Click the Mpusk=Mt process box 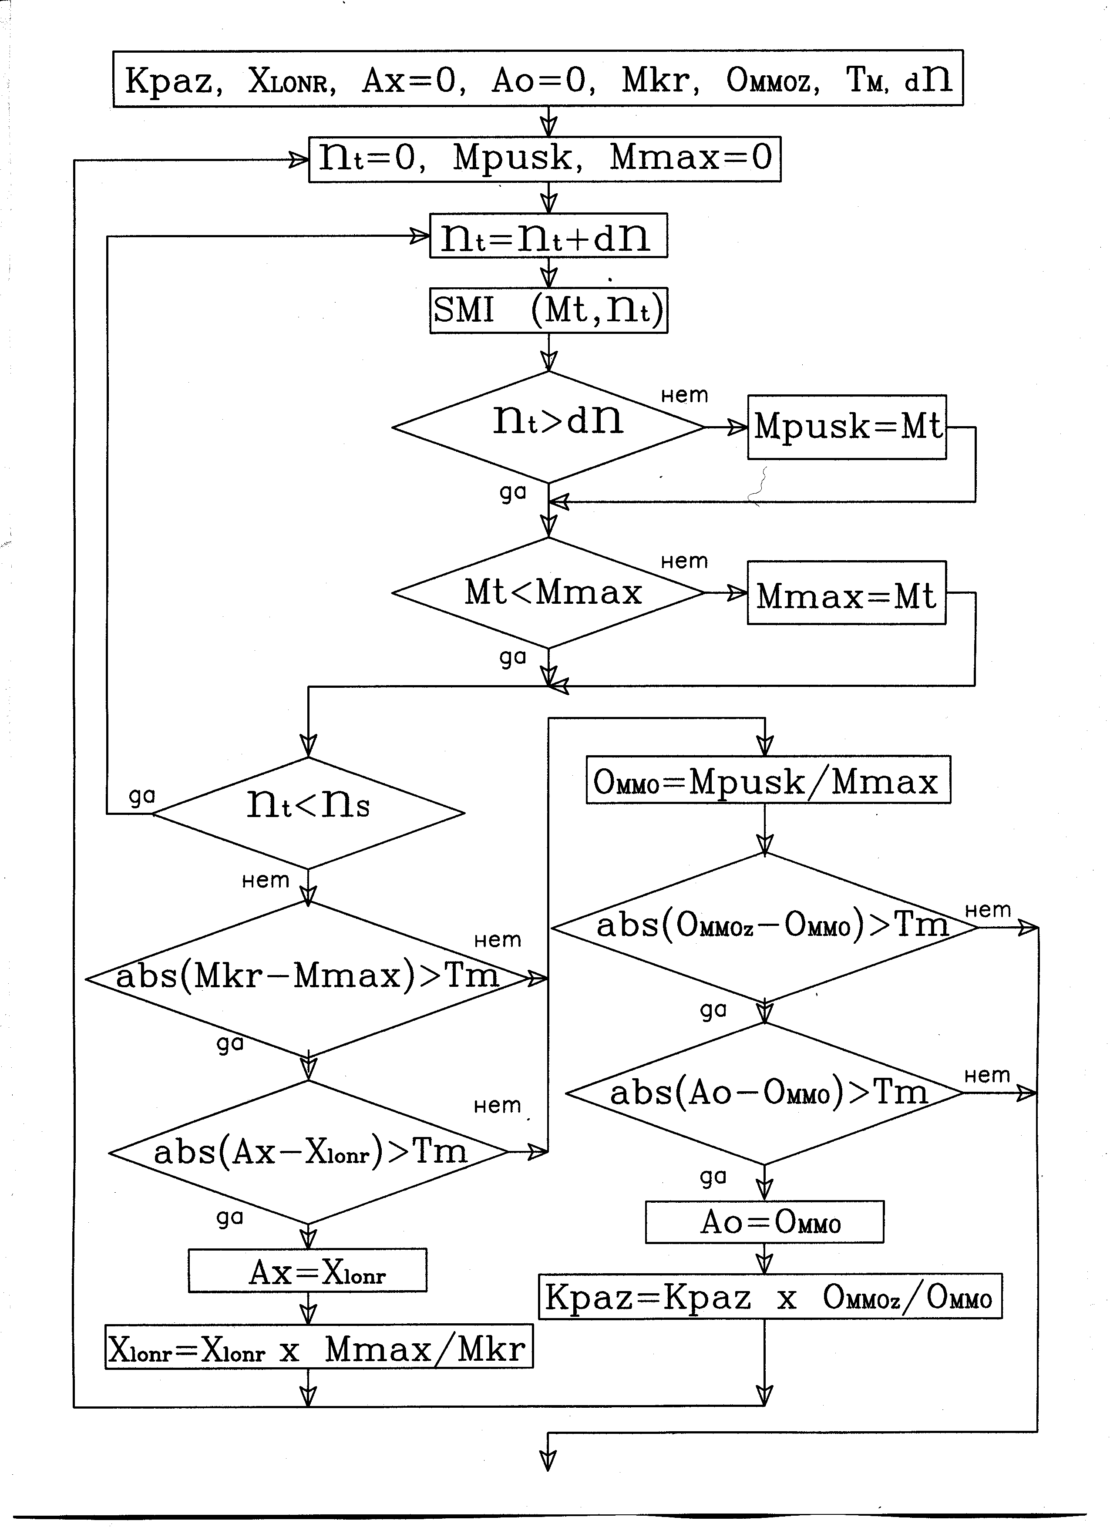(x=847, y=427)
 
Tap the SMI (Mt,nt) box (x=548, y=310)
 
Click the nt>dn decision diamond (x=548, y=427)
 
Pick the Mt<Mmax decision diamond (x=548, y=592)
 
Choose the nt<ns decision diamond (x=308, y=813)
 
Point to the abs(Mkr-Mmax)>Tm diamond (x=308, y=978)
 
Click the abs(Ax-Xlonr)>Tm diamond (x=308, y=1152)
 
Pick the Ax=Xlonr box (x=308, y=1271)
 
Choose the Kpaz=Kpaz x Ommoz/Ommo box (x=770, y=1296)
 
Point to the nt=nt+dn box (x=548, y=235)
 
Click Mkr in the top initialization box (x=659, y=80)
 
